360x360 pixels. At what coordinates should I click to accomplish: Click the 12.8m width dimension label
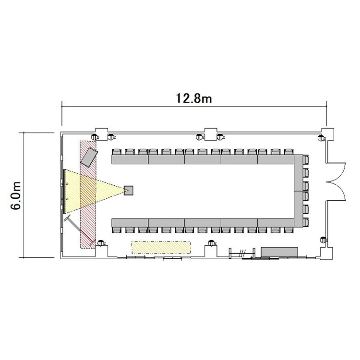tap(194, 98)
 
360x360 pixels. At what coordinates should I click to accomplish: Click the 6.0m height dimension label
tap(16, 195)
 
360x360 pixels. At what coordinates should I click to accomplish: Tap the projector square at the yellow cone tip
tap(129, 191)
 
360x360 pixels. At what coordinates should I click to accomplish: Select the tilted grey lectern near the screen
tap(89, 157)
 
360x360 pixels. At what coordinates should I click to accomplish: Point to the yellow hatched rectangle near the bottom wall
tap(161, 247)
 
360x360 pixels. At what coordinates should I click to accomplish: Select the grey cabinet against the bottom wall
tap(280, 252)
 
